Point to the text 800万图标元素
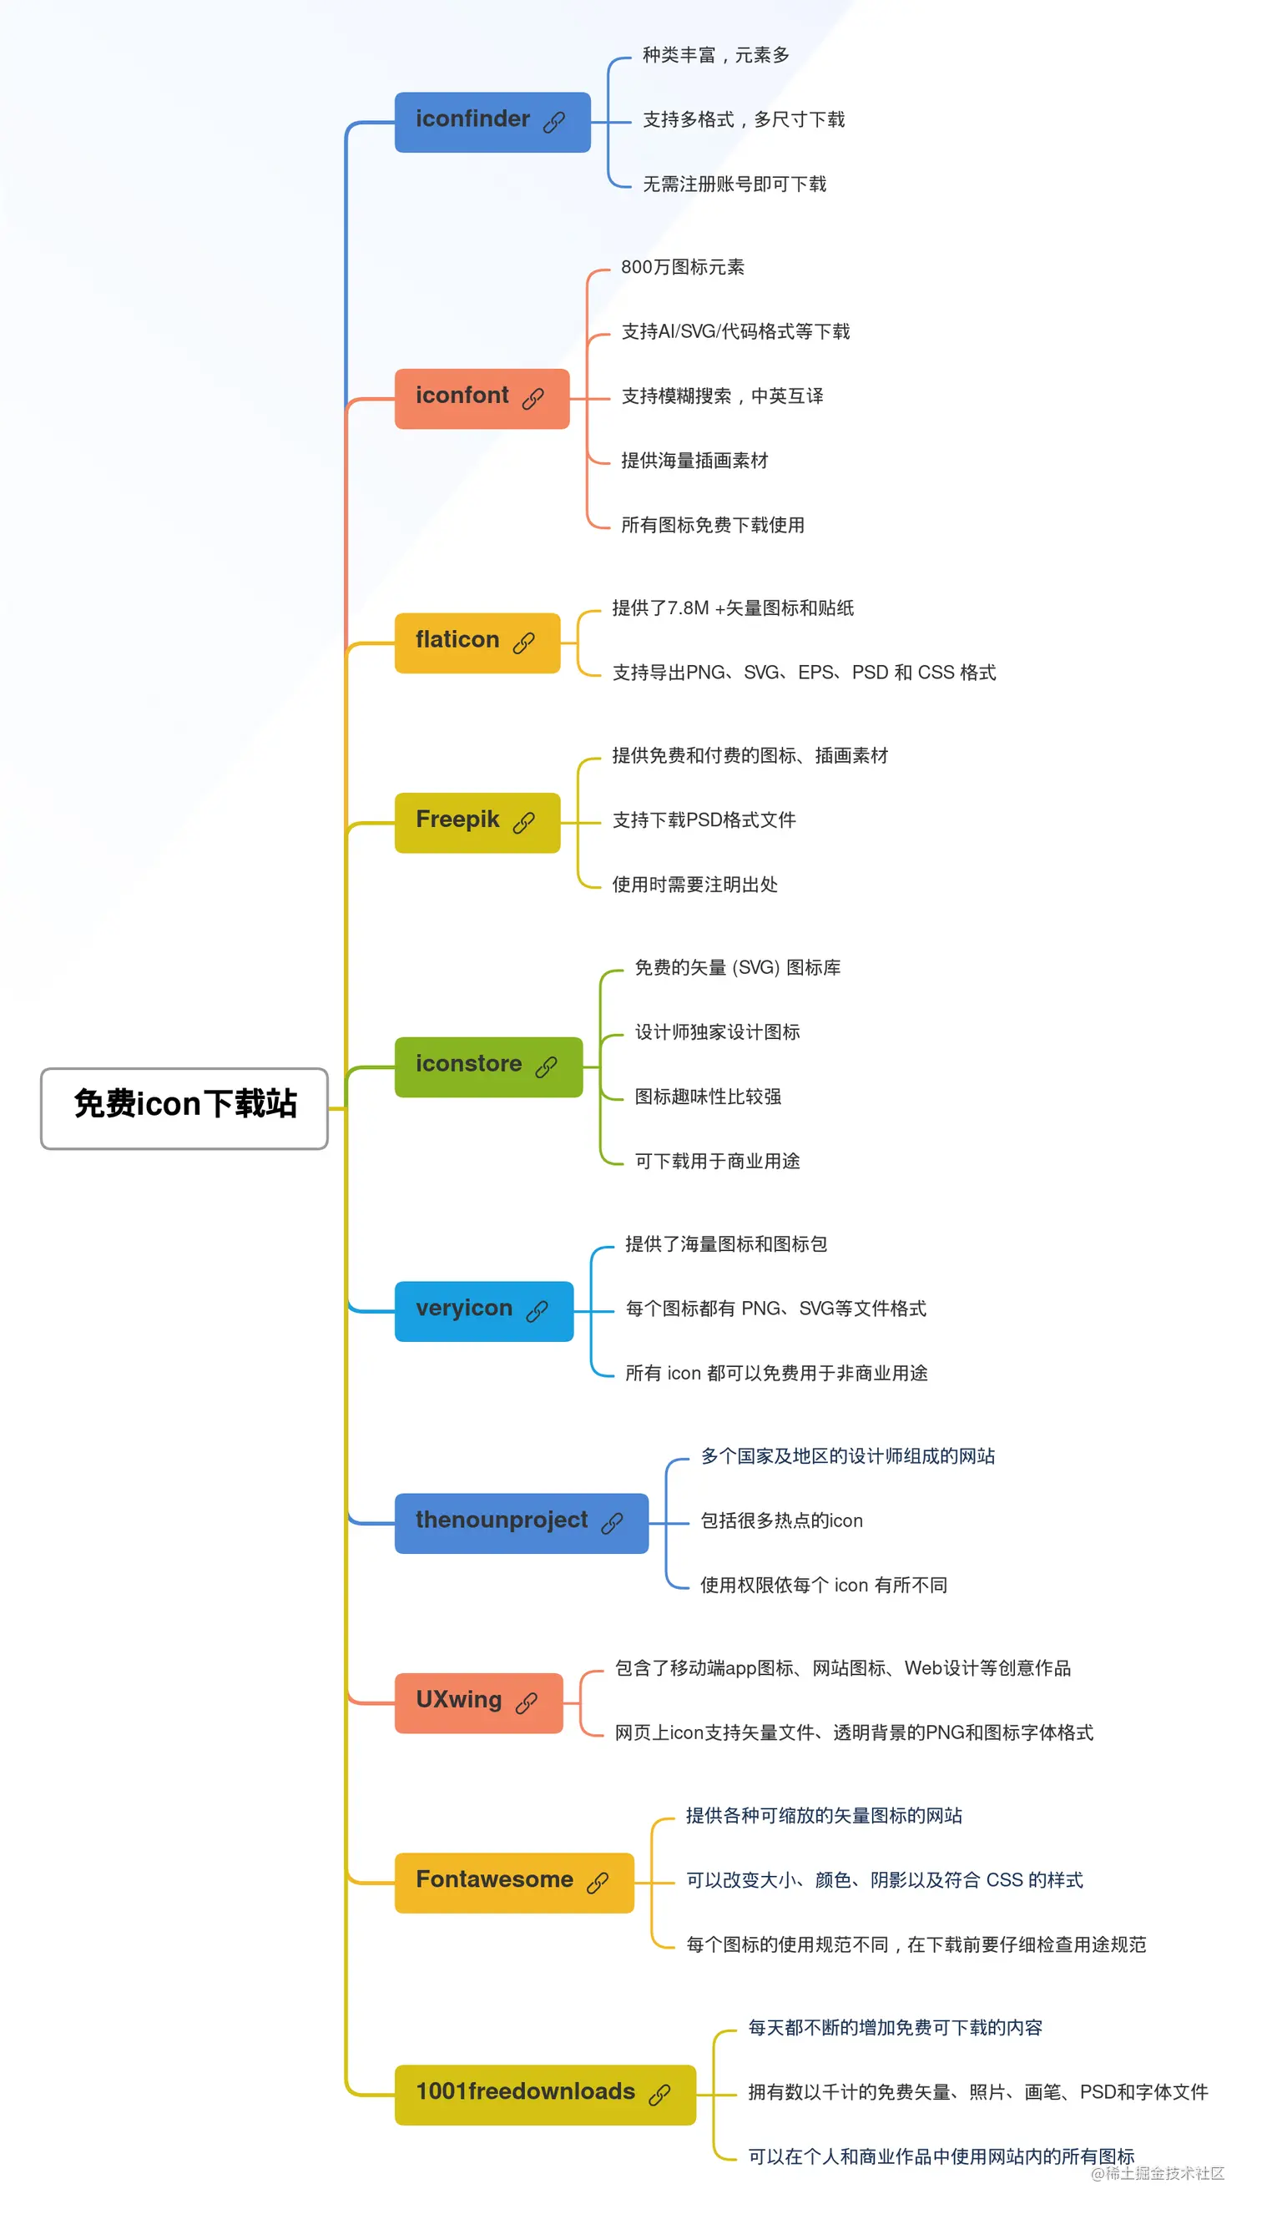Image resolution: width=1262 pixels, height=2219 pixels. [x=682, y=267]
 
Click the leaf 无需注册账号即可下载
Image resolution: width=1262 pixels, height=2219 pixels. [x=734, y=184]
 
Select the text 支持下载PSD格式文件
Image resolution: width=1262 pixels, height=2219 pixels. [x=704, y=820]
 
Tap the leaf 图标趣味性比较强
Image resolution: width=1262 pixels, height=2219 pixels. [x=707, y=1096]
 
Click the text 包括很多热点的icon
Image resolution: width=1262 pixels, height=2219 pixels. [x=781, y=1521]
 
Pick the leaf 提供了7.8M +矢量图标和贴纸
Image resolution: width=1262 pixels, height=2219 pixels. [x=733, y=608]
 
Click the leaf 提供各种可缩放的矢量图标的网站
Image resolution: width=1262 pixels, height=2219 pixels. [x=824, y=1815]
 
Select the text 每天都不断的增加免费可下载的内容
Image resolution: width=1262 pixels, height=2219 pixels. [x=895, y=2028]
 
